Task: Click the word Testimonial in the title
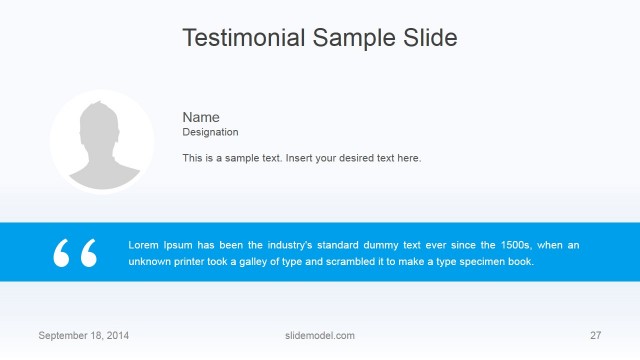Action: pos(243,38)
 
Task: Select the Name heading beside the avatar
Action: pos(200,117)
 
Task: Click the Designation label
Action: pos(210,132)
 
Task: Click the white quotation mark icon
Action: pos(76,253)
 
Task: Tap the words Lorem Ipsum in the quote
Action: pos(159,245)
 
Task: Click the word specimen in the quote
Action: pos(482,262)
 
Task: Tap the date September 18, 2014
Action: pos(83,335)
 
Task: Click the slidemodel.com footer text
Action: pos(320,335)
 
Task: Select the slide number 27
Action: pos(596,335)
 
